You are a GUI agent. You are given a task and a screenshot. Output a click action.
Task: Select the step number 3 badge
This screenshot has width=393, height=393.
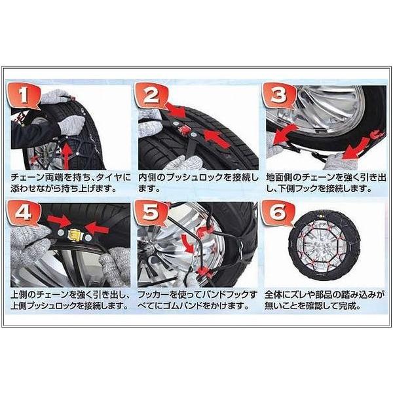coord(278,95)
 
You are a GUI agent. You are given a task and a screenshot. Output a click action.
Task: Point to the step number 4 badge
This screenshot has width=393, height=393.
coord(23,213)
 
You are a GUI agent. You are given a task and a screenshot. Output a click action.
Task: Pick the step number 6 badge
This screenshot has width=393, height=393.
coord(278,213)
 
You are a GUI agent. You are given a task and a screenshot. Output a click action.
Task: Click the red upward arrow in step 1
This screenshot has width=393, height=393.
coord(67,153)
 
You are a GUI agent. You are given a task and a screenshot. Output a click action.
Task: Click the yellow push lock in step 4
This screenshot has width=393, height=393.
coord(73,234)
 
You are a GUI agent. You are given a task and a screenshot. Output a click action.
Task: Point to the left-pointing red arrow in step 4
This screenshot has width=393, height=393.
coord(97,229)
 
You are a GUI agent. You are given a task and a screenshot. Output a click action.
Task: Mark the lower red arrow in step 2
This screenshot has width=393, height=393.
coord(217,139)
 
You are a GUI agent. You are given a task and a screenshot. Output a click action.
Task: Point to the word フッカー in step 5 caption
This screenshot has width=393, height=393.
coord(153,295)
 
